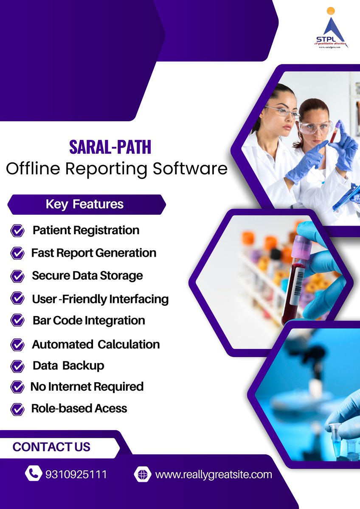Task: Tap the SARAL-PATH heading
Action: [x=110, y=148]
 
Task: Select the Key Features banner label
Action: [x=84, y=204]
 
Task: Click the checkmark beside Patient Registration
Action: [x=17, y=231]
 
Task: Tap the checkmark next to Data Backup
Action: [x=17, y=366]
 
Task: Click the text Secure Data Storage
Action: [x=87, y=276]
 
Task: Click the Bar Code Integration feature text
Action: [x=89, y=321]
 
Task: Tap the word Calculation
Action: [x=129, y=344]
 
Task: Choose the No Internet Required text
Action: [x=87, y=387]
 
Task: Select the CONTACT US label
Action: [x=51, y=447]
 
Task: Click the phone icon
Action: [x=33, y=474]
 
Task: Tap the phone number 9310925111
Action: [x=76, y=474]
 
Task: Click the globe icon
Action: [x=142, y=474]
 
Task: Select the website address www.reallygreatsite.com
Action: [x=214, y=474]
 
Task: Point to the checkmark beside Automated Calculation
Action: [x=17, y=344]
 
